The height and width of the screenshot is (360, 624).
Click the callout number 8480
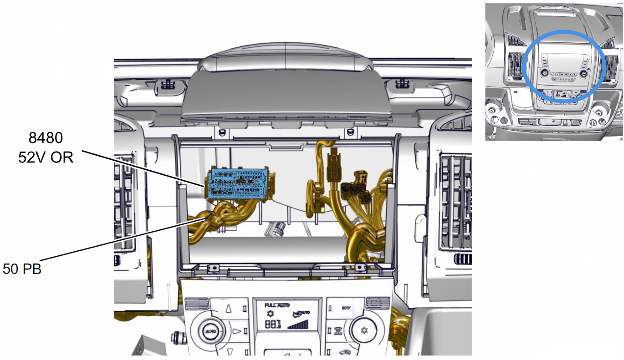[x=46, y=138]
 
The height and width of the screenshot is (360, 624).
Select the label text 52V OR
[x=46, y=157]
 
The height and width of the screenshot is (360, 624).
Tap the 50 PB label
[x=22, y=269]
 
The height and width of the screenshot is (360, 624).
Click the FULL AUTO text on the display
[x=277, y=305]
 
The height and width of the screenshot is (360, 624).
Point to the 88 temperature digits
[x=273, y=325]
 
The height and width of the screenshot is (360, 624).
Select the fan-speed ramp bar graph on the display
[x=298, y=325]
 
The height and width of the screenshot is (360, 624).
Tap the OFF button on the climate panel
[x=346, y=308]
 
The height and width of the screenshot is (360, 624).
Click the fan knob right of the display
[x=364, y=330]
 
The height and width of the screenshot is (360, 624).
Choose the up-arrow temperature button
[x=229, y=308]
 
